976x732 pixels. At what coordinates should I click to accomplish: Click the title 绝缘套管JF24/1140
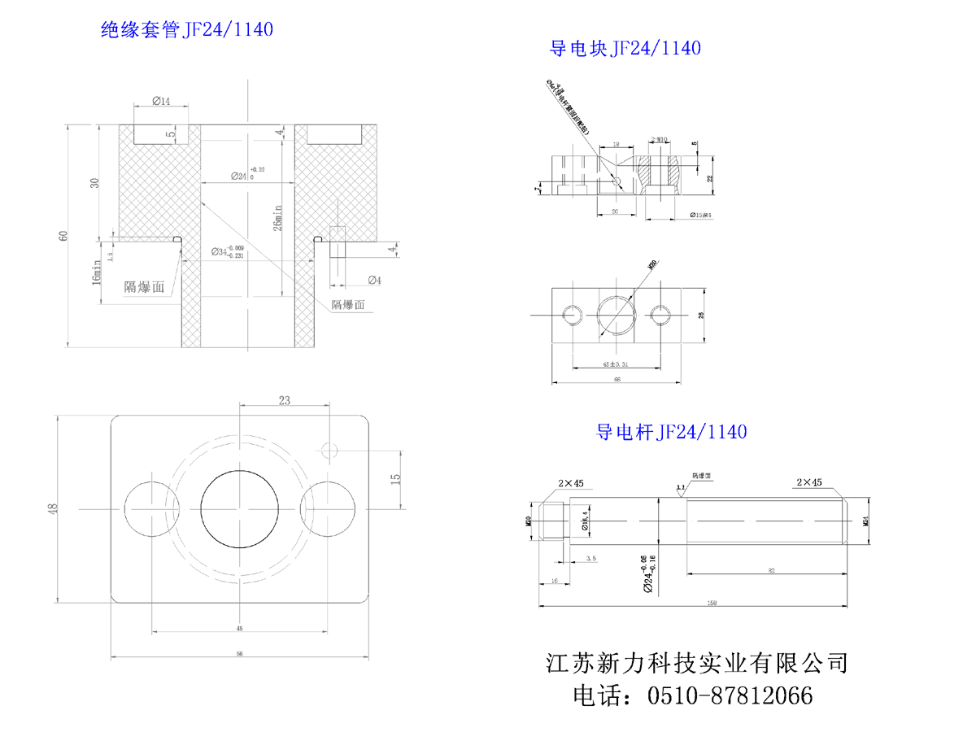[x=186, y=31]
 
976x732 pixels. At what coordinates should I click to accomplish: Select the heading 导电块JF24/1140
[x=625, y=48]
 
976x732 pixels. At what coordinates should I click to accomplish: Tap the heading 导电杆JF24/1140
[x=672, y=431]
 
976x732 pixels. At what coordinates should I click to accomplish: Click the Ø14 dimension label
[x=161, y=101]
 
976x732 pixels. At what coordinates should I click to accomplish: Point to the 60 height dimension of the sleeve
[x=63, y=236]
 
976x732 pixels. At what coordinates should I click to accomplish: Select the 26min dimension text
[x=278, y=213]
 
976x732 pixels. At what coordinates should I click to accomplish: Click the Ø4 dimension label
[x=375, y=280]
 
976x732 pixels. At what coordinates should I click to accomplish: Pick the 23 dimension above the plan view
[x=285, y=399]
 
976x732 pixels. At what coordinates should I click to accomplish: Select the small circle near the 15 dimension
[x=329, y=450]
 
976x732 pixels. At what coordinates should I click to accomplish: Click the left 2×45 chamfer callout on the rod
[x=571, y=483]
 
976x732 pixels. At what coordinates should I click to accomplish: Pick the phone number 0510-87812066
[x=730, y=696]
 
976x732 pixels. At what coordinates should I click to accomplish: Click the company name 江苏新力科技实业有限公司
[x=697, y=663]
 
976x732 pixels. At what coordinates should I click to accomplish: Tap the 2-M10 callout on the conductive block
[x=660, y=140]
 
